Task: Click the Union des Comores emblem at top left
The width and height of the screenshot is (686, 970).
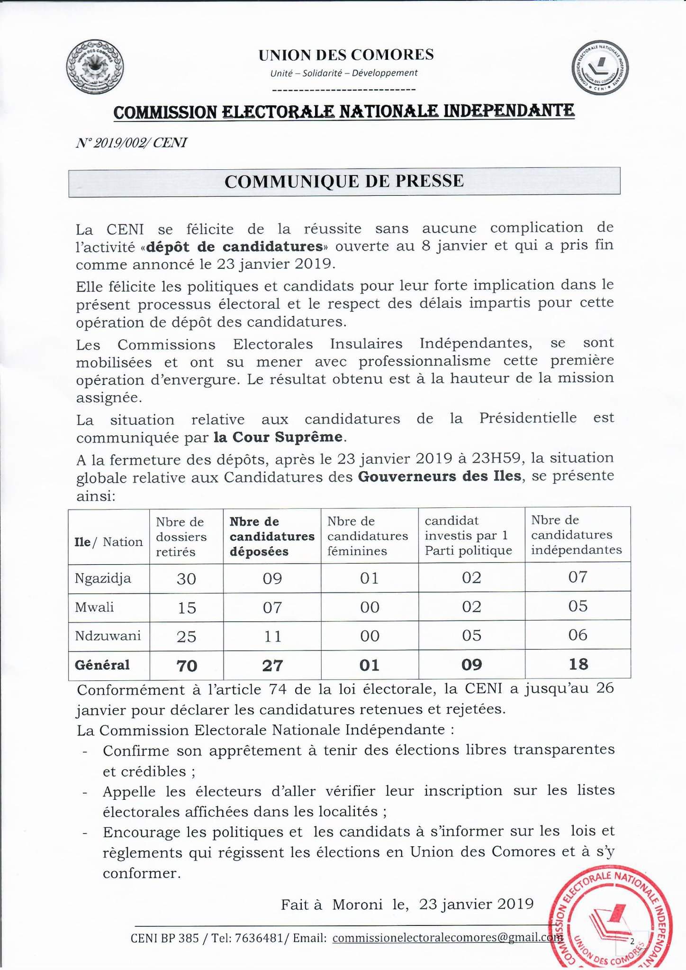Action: tap(94, 68)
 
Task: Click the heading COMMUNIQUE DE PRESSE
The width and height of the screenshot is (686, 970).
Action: tap(344, 182)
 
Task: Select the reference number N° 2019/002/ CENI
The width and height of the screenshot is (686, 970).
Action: tap(131, 142)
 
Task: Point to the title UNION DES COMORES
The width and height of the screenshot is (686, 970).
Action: tap(346, 55)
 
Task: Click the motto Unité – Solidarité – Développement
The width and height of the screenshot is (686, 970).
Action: tap(344, 73)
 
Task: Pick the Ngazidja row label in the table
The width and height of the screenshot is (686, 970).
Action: tap(103, 578)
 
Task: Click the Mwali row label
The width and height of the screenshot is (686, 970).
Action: tap(94, 607)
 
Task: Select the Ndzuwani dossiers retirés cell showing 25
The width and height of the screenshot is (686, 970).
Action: tap(186, 636)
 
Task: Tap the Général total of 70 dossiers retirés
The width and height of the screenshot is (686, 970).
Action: tap(186, 666)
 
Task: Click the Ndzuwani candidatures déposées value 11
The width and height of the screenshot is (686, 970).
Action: tap(272, 636)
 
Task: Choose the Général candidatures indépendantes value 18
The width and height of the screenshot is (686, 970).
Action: tap(578, 664)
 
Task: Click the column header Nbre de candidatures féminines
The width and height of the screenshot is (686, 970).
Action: tap(368, 536)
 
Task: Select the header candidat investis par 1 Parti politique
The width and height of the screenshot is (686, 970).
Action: tap(468, 535)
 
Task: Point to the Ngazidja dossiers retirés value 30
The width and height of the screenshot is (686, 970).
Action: tap(186, 579)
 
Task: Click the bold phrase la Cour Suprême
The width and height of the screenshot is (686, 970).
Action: tap(278, 437)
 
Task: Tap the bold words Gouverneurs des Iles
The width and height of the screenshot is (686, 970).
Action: tap(440, 476)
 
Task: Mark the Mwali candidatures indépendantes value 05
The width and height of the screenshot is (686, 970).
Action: tap(578, 606)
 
